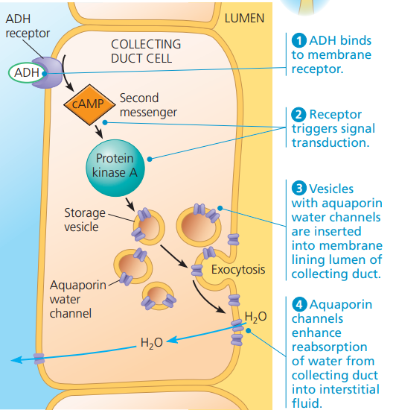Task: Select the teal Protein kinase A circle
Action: click(115, 165)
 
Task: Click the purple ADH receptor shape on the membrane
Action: click(52, 70)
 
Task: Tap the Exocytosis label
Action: click(238, 269)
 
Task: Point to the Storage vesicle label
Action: click(84, 219)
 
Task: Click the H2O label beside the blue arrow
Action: click(152, 344)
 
